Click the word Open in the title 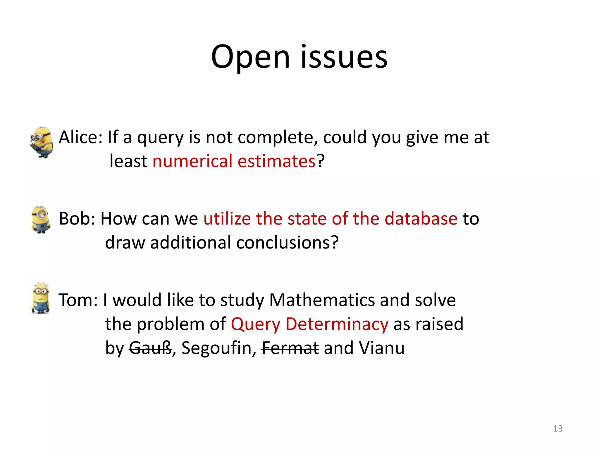(x=250, y=57)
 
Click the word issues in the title (x=344, y=57)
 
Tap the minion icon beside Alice (x=42, y=142)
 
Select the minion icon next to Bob (x=41, y=220)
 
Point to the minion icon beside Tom (x=41, y=298)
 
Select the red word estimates (x=276, y=161)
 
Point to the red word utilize (x=227, y=218)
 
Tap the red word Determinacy (x=337, y=324)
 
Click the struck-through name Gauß (x=150, y=348)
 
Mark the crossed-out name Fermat (x=290, y=348)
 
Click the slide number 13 (x=558, y=429)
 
